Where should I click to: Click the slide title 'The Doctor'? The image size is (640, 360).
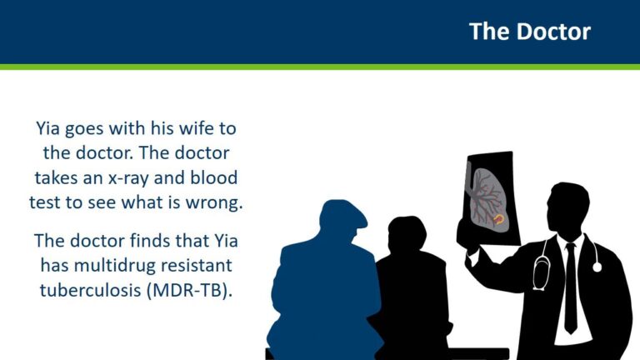(x=529, y=32)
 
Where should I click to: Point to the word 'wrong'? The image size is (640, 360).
(x=219, y=202)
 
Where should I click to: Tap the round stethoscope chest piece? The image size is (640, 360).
(x=597, y=267)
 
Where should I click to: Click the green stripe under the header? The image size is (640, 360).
(x=320, y=66)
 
